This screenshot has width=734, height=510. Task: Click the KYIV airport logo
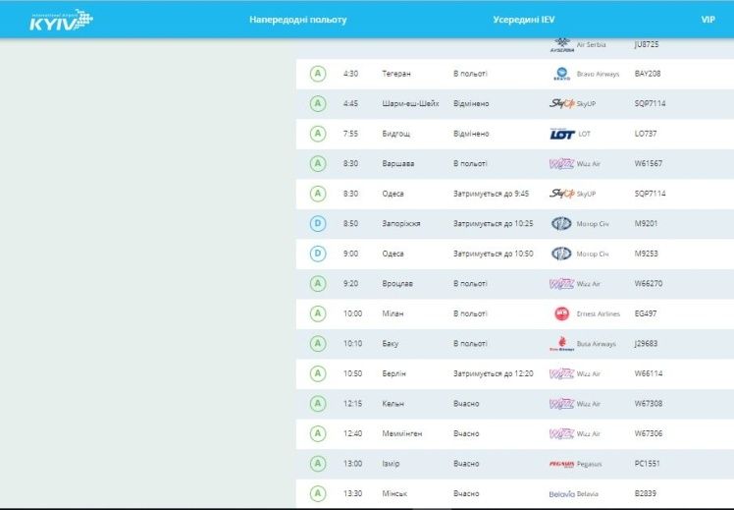pyautogui.click(x=61, y=20)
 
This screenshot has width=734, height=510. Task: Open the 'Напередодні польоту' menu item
pyautogui.click(x=297, y=20)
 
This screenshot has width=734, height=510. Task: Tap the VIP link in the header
pyautogui.click(x=708, y=20)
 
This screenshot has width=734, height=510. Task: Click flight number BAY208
pyautogui.click(x=648, y=74)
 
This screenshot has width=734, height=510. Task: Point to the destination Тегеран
pyautogui.click(x=396, y=74)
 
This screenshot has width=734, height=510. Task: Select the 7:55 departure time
pyautogui.click(x=351, y=134)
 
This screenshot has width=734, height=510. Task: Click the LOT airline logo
pyautogui.click(x=561, y=134)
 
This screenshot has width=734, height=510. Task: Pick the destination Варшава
pyautogui.click(x=398, y=164)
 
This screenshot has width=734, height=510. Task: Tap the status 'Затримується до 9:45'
pyautogui.click(x=491, y=194)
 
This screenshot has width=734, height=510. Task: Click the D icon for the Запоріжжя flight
pyautogui.click(x=317, y=224)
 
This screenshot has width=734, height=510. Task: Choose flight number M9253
pyautogui.click(x=649, y=254)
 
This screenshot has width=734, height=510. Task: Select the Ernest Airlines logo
pyautogui.click(x=561, y=313)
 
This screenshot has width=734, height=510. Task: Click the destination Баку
pyautogui.click(x=391, y=344)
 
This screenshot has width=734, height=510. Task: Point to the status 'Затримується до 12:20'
pyautogui.click(x=493, y=373)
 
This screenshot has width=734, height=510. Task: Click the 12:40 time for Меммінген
pyautogui.click(x=352, y=433)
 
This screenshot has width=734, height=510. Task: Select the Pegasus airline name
pyautogui.click(x=594, y=464)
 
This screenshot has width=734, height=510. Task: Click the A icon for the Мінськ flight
pyautogui.click(x=317, y=493)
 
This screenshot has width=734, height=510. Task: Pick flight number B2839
pyautogui.click(x=647, y=493)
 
